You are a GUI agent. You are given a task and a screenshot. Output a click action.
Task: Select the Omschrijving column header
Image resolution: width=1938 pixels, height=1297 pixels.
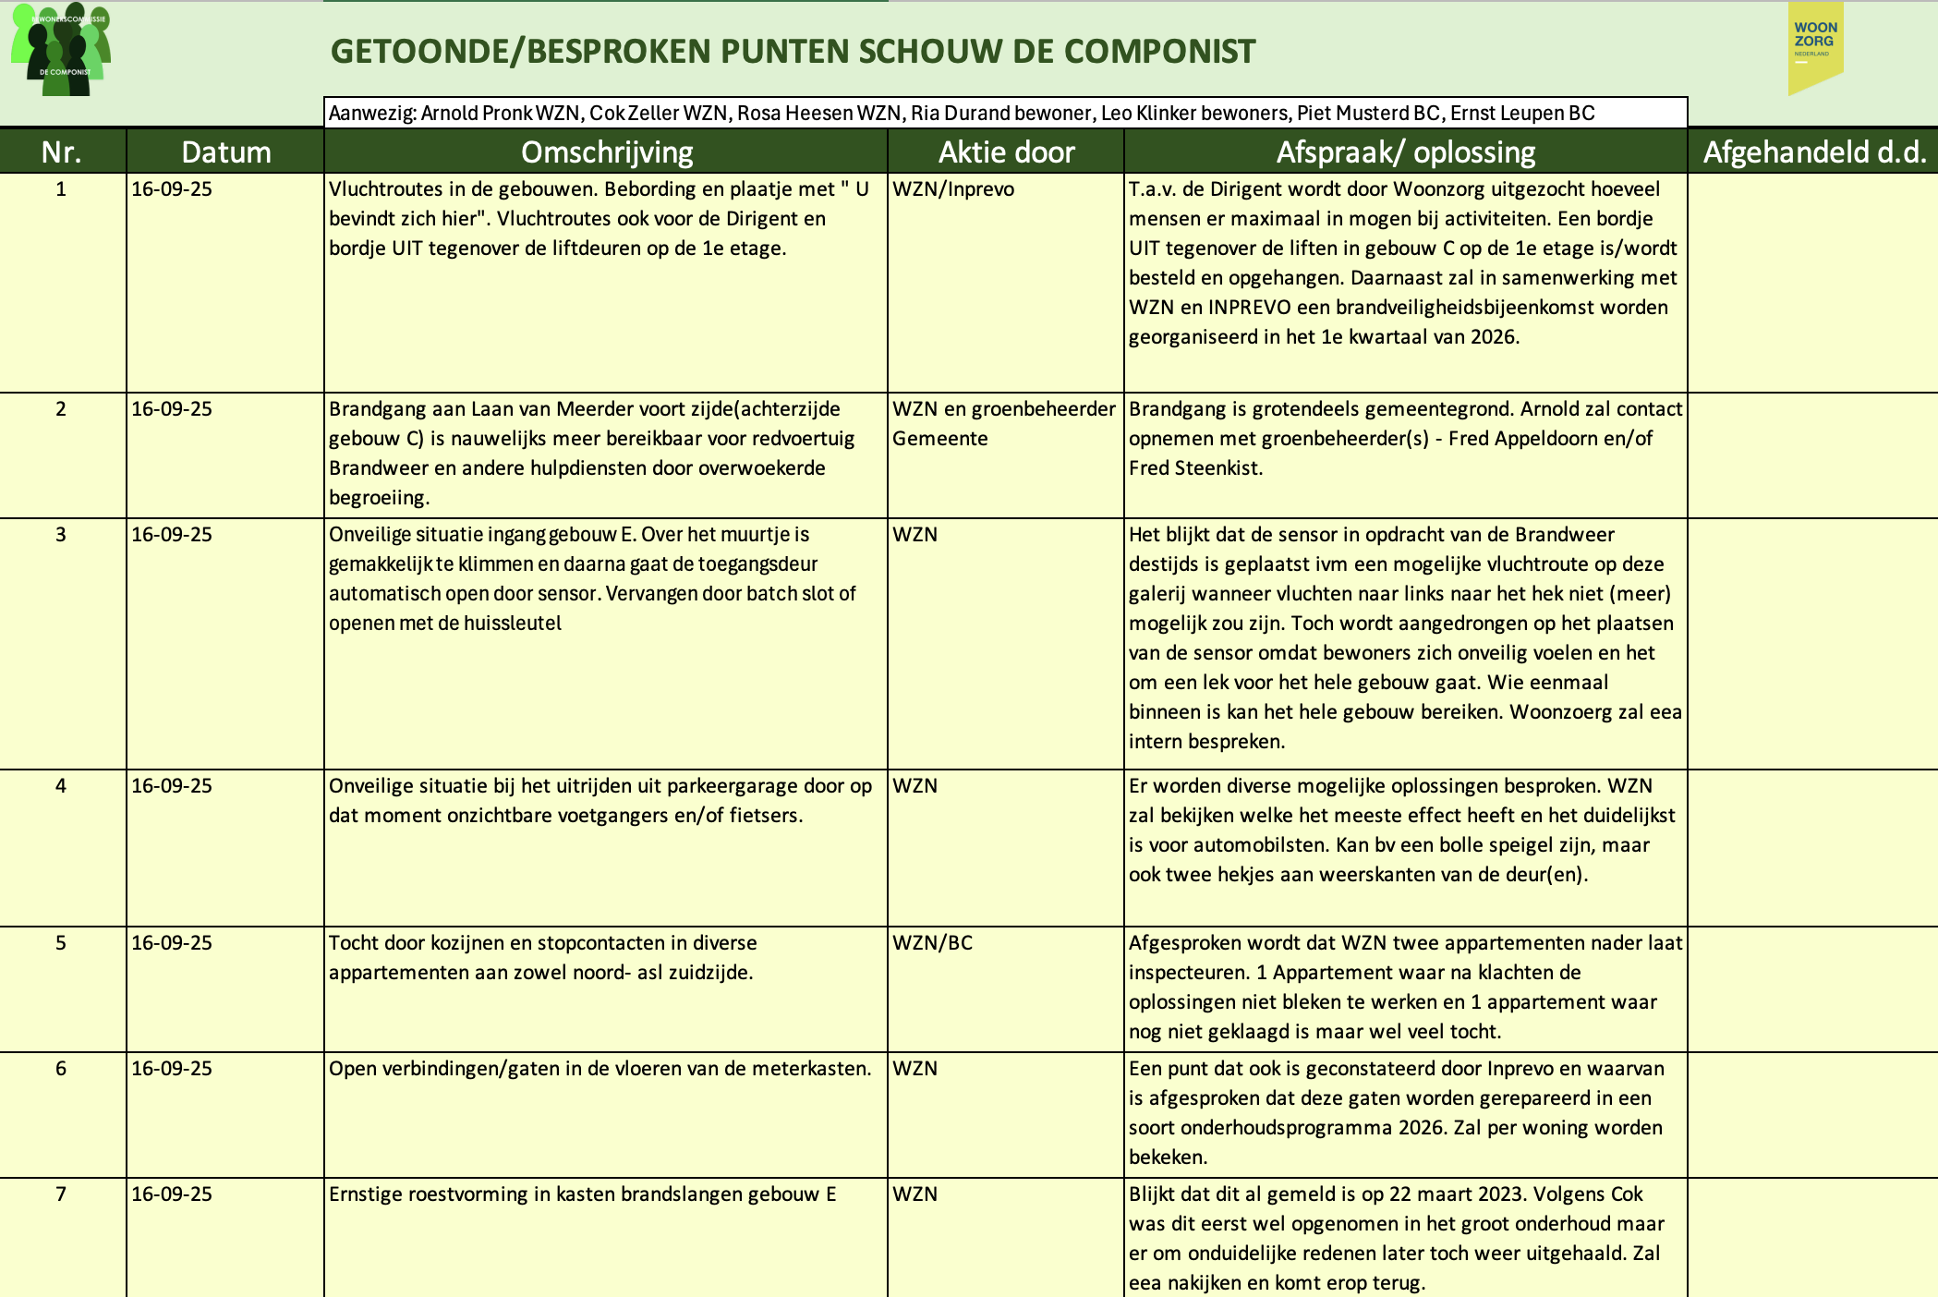[x=606, y=152]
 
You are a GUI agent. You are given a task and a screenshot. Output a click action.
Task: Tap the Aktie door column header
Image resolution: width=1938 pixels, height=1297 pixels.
[x=1006, y=152]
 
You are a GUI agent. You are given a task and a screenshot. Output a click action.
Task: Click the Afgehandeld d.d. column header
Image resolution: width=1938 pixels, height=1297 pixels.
[x=1814, y=152]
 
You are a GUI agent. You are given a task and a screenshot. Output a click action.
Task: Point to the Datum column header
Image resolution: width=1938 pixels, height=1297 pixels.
[x=226, y=152]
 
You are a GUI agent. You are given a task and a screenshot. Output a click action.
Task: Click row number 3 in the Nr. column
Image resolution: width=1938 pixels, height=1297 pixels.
[x=61, y=535]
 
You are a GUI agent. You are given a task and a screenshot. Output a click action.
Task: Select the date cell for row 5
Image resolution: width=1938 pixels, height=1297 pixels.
[x=172, y=943]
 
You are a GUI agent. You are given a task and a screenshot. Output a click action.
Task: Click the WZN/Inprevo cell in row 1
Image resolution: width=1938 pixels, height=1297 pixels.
[x=953, y=189]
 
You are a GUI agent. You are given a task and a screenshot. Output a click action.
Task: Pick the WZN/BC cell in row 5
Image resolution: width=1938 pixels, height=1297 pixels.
[x=932, y=943]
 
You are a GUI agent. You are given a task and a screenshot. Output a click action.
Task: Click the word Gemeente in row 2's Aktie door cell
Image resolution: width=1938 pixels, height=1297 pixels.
[x=939, y=439]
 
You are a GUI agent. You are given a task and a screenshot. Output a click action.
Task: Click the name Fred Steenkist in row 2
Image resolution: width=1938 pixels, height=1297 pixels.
[x=1195, y=468]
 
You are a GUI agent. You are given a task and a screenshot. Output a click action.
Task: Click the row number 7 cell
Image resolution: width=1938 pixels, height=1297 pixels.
[x=61, y=1194]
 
